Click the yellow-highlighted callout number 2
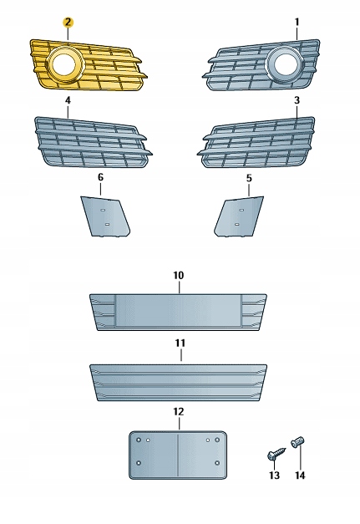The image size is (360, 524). [68, 23]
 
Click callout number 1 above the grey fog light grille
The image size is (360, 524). [297, 23]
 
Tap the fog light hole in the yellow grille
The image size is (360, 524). [64, 64]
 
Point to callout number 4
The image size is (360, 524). [68, 100]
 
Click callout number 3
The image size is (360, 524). [297, 100]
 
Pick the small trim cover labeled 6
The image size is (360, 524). [105, 216]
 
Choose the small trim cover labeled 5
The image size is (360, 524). [239, 216]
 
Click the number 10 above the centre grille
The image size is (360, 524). [179, 275]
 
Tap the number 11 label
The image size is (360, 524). [180, 343]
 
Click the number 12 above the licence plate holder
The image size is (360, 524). [179, 411]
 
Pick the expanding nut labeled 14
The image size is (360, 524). [298, 442]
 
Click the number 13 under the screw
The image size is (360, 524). [274, 475]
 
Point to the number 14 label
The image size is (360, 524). [300, 475]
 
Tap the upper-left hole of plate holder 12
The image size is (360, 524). [139, 440]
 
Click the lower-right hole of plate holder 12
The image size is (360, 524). [217, 463]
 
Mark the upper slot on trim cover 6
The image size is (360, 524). [104, 210]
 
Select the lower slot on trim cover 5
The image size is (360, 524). [236, 224]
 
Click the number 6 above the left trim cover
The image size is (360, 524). [100, 177]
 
